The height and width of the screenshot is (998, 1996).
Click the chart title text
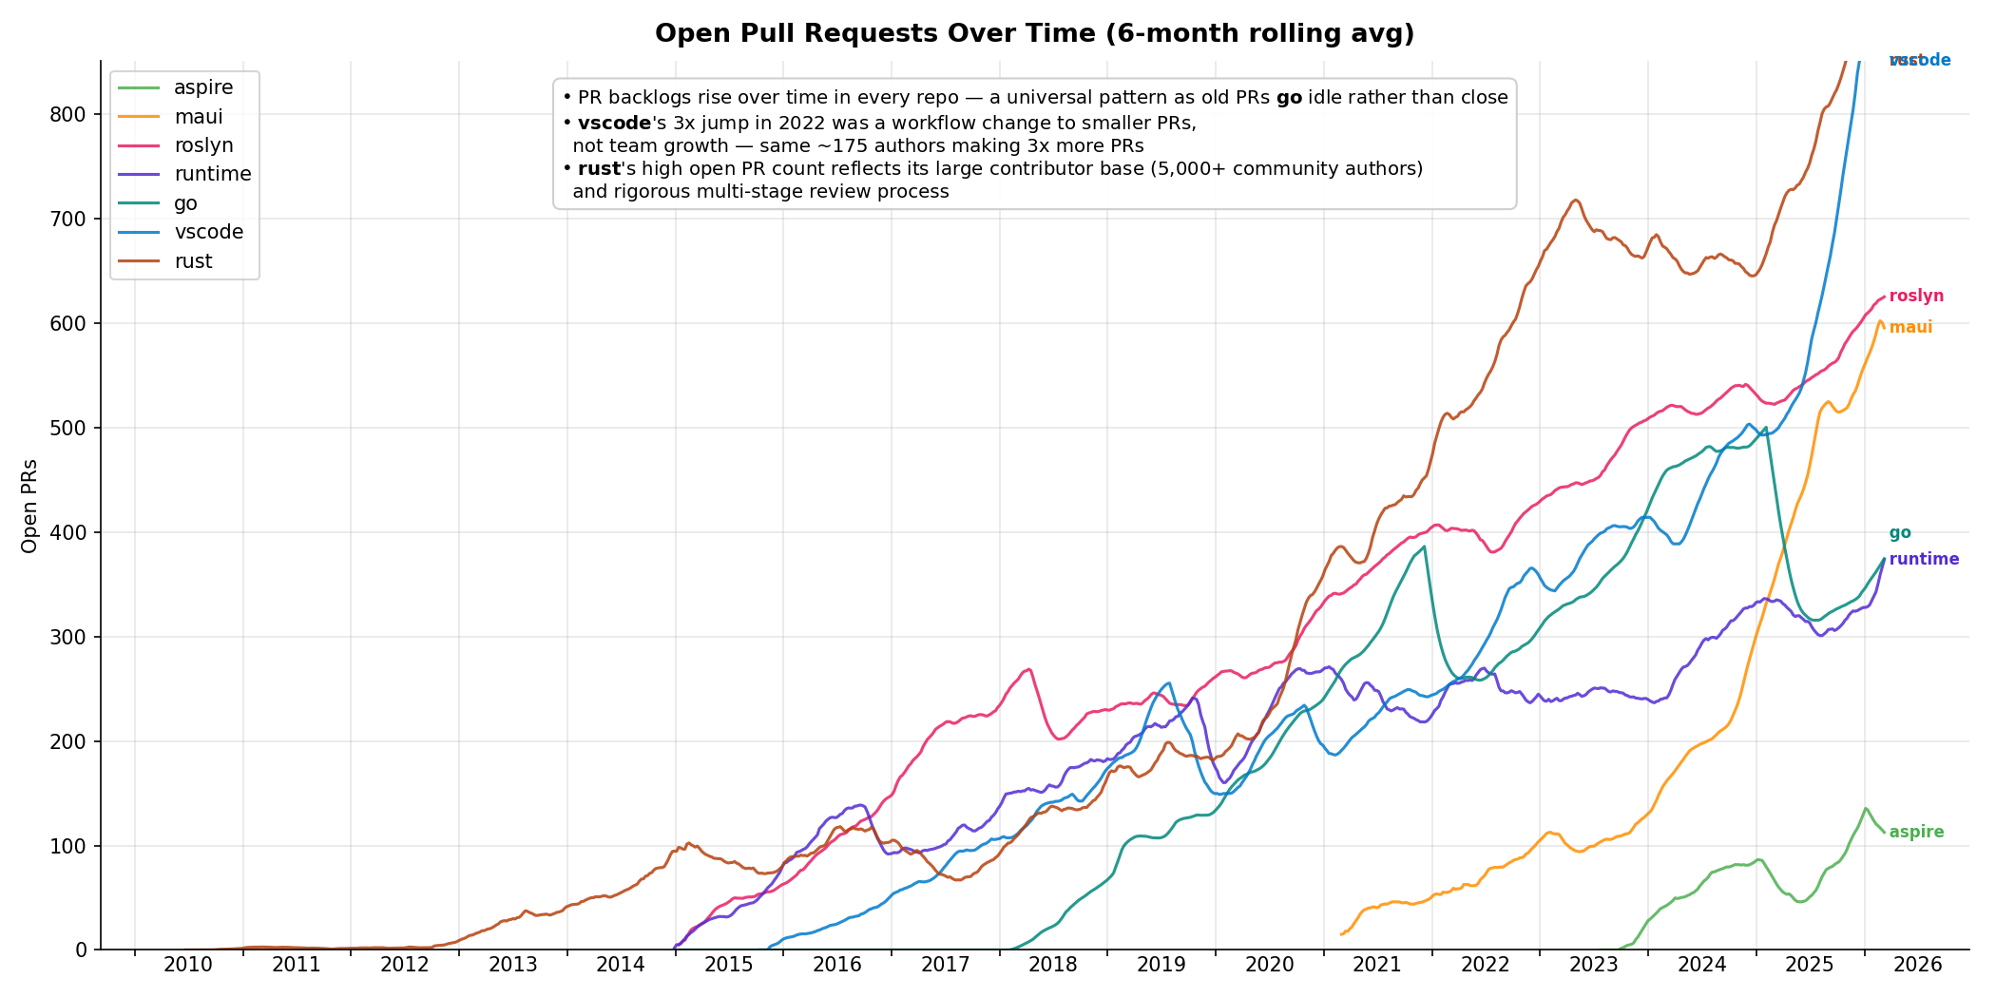pyautogui.click(x=1034, y=34)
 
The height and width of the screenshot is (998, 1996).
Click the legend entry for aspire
pyautogui.click(x=203, y=87)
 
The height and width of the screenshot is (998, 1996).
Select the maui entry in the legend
pyautogui.click(x=199, y=117)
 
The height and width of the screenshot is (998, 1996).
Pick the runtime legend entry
pyautogui.click(x=213, y=174)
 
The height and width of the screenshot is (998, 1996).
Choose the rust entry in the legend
pyautogui.click(x=193, y=261)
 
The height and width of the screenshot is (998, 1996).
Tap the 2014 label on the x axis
pyautogui.click(x=621, y=966)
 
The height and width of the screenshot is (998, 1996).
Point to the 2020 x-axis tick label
pyautogui.click(x=1269, y=966)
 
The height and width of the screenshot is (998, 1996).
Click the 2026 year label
pyautogui.click(x=1917, y=966)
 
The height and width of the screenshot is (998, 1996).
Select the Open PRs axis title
pyautogui.click(x=29, y=506)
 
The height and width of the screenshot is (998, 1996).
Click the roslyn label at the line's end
pyautogui.click(x=1915, y=297)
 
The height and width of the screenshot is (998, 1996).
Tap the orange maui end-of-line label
pyautogui.click(x=1910, y=328)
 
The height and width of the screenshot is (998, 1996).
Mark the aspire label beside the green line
pyautogui.click(x=1915, y=833)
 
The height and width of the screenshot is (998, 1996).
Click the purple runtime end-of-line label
pyautogui.click(x=1923, y=560)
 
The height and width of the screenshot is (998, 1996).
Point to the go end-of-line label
pyautogui.click(x=1899, y=533)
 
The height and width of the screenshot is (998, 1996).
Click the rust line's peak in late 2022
pyautogui.click(x=1575, y=200)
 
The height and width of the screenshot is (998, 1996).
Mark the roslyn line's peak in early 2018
pyautogui.click(x=1029, y=669)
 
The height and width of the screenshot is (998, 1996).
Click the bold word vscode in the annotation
pyautogui.click(x=614, y=124)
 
